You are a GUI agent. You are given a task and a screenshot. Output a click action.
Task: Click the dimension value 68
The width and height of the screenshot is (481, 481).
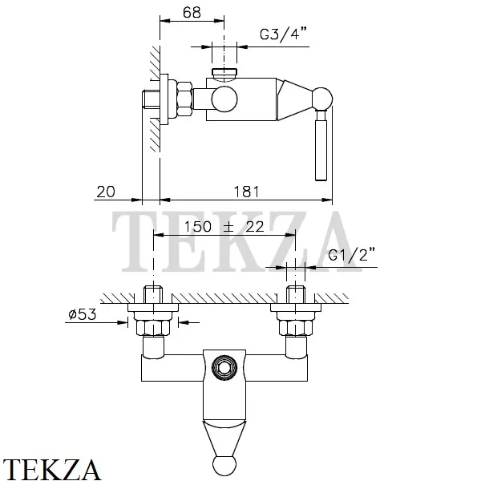pos(190,13)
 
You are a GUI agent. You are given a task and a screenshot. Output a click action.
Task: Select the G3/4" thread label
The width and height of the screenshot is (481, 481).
pos(281,36)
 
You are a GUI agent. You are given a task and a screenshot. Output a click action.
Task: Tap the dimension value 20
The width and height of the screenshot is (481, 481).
pos(106,192)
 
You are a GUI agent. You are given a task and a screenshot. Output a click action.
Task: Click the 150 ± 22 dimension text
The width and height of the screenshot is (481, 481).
pos(224,227)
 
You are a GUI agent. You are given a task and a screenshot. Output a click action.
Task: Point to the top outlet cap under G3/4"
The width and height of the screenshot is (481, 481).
pos(224,75)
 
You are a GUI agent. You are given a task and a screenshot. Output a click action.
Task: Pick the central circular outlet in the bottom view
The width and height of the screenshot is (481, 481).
pos(224,367)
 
